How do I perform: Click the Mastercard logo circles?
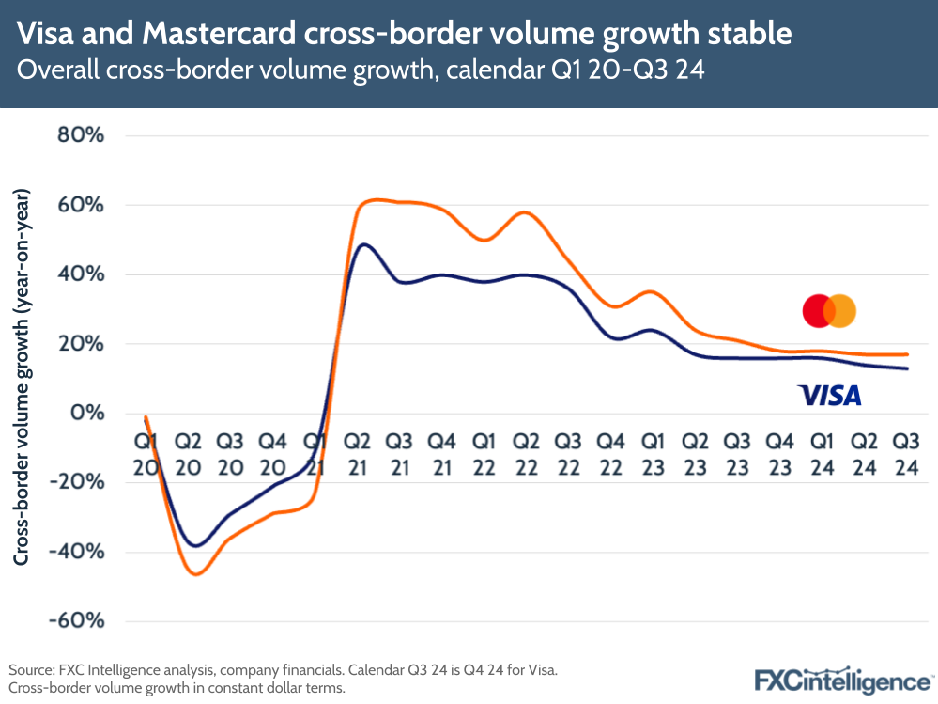(829, 310)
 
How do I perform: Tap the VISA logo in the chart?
(829, 395)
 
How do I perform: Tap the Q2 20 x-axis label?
(189, 453)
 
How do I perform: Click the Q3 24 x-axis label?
(905, 453)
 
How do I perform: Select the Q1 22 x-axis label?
(484, 453)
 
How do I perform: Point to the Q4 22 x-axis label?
(610, 453)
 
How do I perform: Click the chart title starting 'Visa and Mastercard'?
(405, 35)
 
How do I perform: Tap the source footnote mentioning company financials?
(283, 670)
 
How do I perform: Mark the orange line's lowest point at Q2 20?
(196, 573)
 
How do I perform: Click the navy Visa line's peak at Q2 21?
(364, 244)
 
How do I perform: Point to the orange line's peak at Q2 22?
(526, 212)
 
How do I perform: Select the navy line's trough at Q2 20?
(195, 545)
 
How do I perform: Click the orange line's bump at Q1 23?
(650, 292)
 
